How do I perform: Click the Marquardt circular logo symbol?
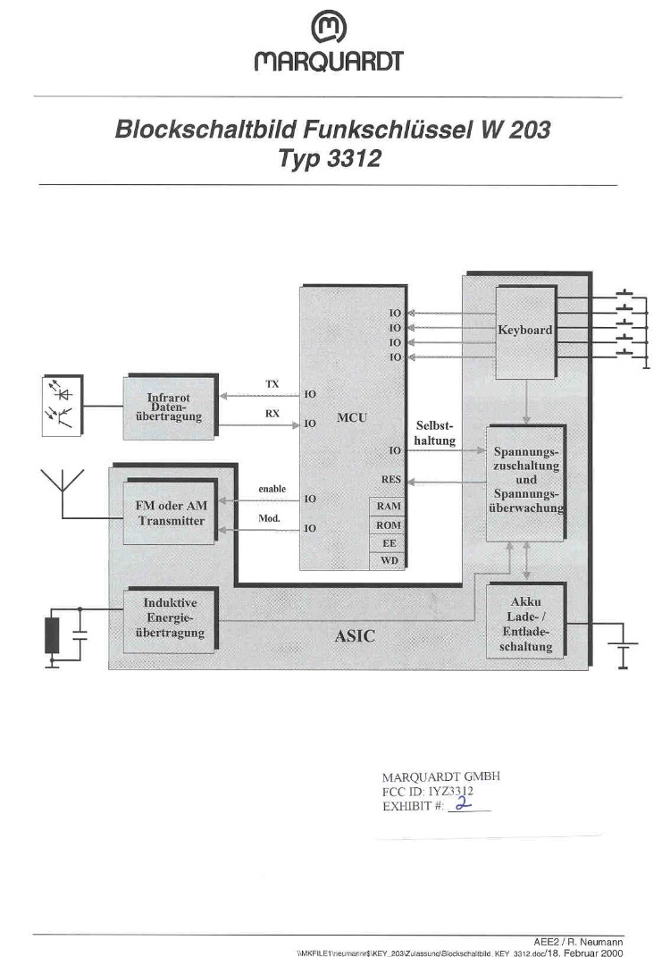tap(329, 29)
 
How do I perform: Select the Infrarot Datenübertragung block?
tap(171, 407)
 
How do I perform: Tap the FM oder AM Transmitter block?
tap(171, 511)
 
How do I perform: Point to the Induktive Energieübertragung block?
tap(171, 619)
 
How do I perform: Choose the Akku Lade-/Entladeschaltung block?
tap(526, 620)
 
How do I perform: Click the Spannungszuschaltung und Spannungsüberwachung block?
tap(525, 483)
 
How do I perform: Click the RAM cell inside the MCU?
tap(388, 506)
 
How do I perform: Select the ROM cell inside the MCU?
tap(388, 525)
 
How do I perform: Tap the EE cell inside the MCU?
tap(388, 543)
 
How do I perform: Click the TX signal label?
tap(272, 384)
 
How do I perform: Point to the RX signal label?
tap(272, 413)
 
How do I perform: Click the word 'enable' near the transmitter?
tap(272, 489)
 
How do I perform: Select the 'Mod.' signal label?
tap(270, 518)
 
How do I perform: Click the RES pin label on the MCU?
tap(391, 479)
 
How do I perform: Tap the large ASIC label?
tap(355, 636)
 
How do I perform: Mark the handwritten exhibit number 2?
tap(465, 804)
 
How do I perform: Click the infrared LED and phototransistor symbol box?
tap(63, 406)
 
